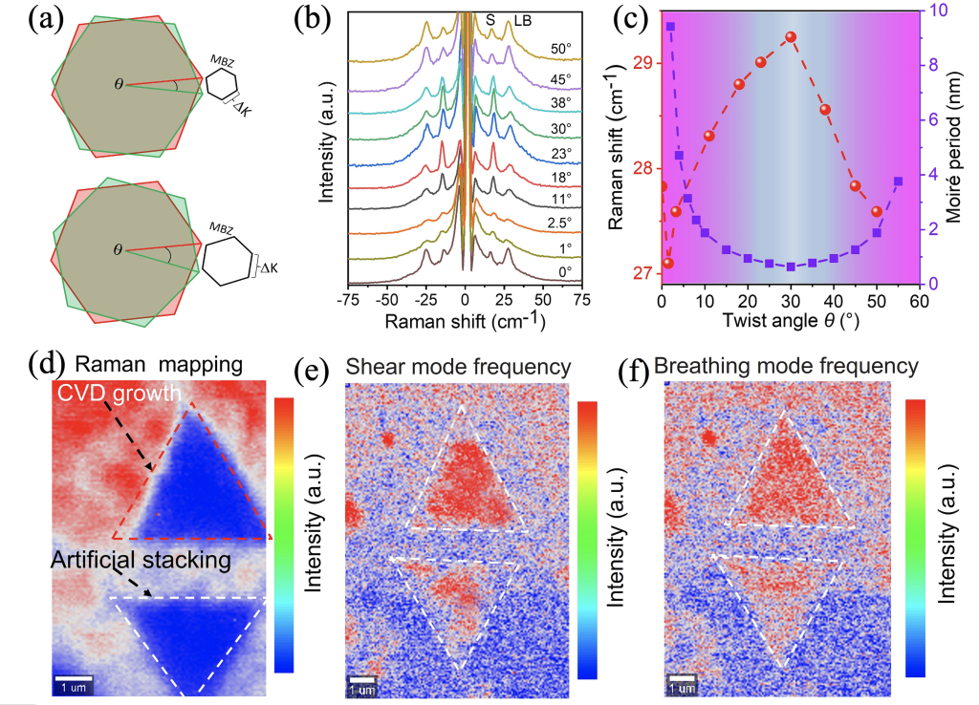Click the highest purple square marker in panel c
click(670, 27)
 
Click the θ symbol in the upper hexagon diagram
click(119, 84)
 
